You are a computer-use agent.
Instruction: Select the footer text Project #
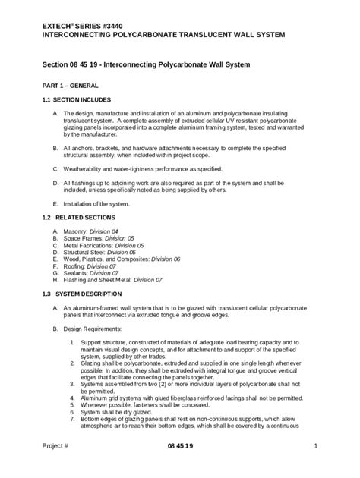pos(55,465)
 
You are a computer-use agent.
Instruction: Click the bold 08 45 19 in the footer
pos(180,465)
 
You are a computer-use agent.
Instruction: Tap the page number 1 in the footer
pos(314,465)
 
